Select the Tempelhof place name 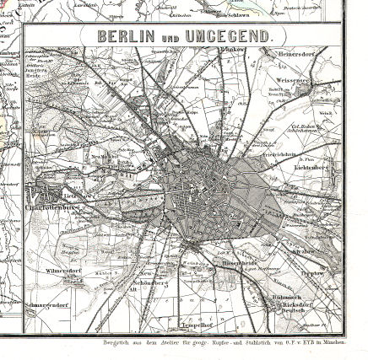click(200, 323)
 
